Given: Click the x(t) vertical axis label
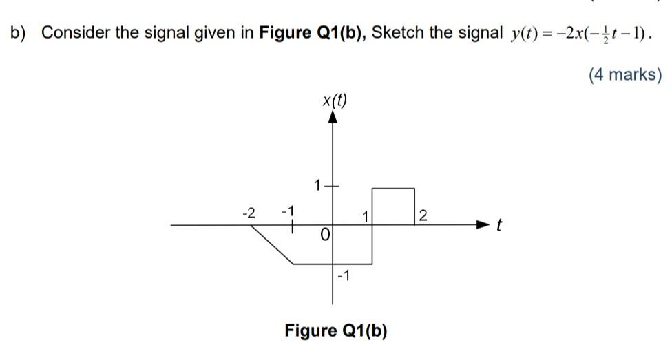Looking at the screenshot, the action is (335, 101).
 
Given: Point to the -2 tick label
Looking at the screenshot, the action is (249, 213).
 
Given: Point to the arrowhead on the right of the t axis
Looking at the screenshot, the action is (484, 224).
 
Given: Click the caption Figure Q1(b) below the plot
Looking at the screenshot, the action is (336, 330).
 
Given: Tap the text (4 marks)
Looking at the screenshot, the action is (624, 74).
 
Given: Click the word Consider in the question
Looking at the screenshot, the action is (76, 32).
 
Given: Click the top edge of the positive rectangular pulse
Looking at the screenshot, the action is (393, 188).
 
